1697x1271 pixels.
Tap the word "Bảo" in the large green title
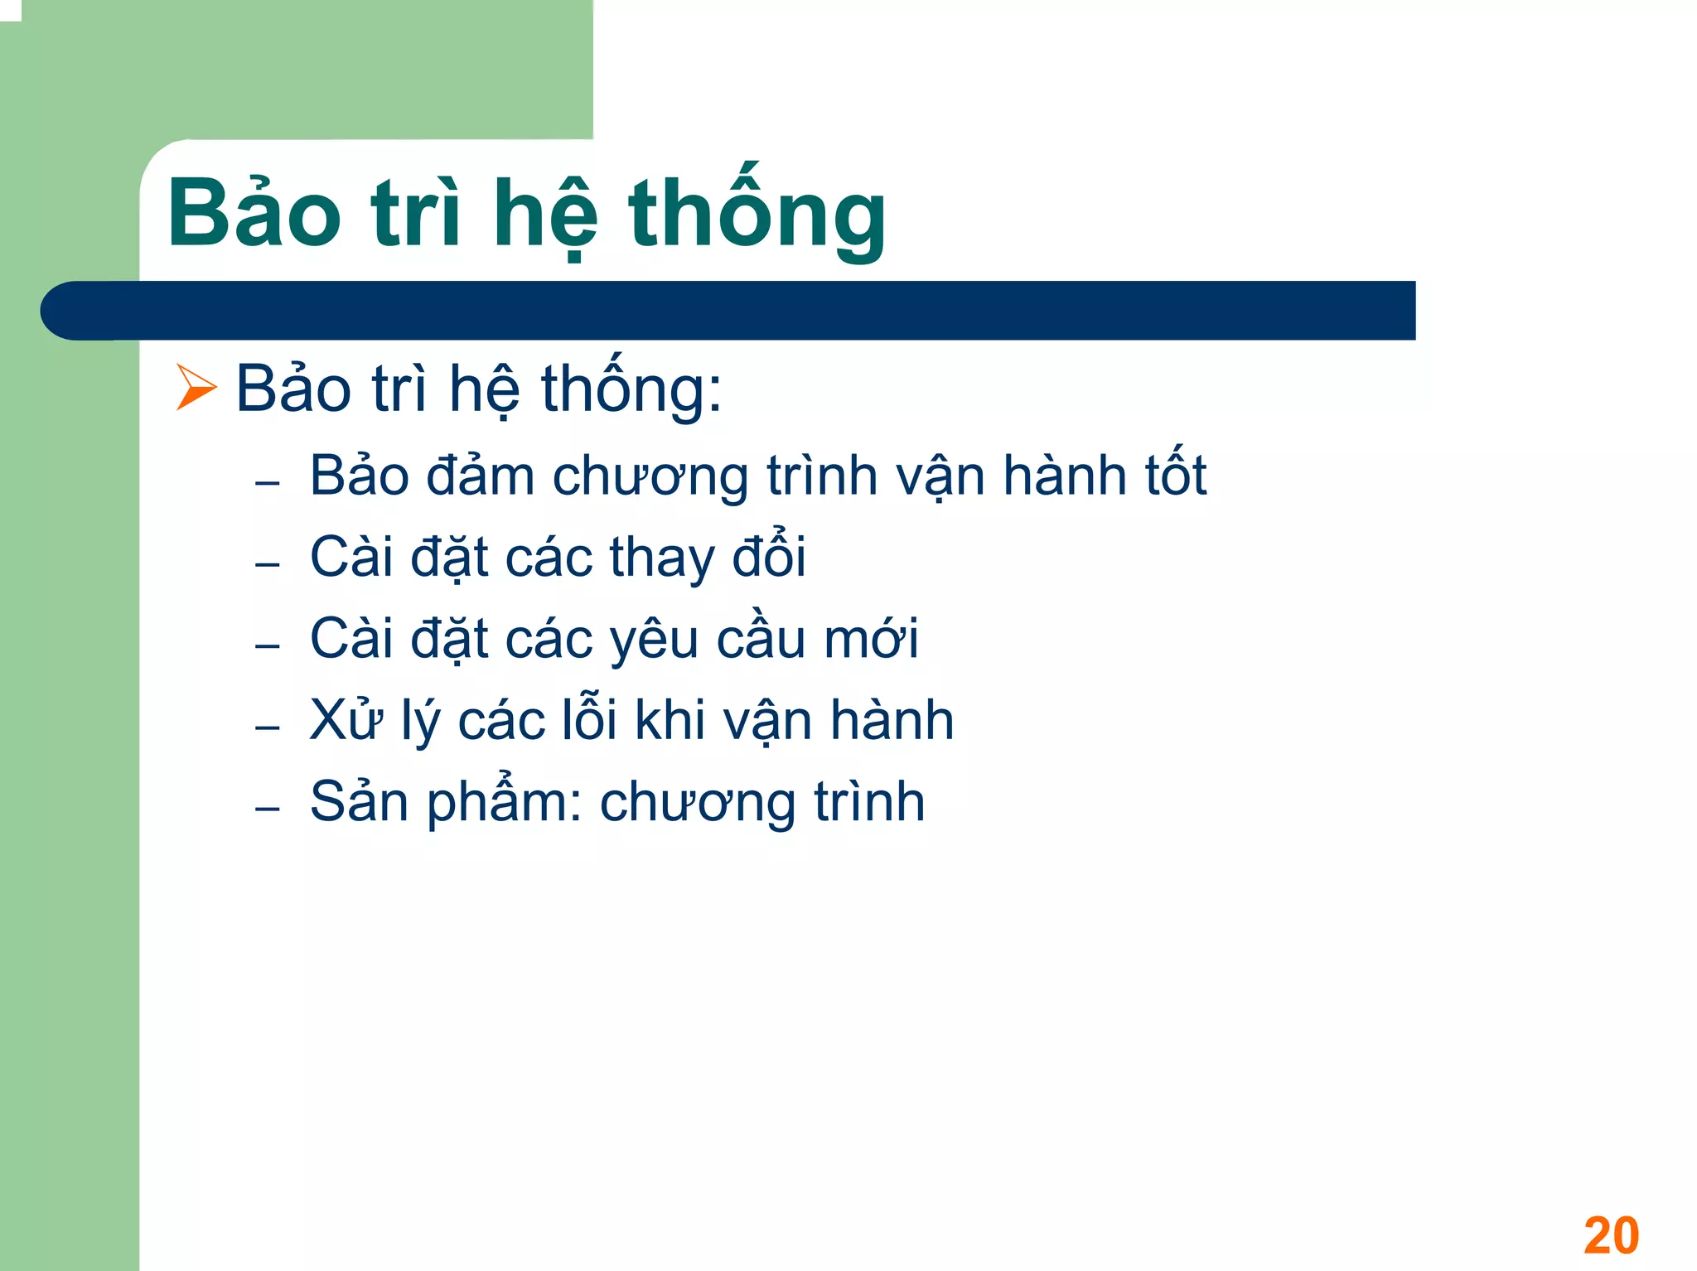[x=254, y=214]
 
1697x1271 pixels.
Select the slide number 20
[x=1611, y=1235]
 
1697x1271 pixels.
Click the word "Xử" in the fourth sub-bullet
[x=346, y=719]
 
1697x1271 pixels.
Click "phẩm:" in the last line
[x=505, y=803]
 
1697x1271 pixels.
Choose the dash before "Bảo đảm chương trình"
[x=267, y=483]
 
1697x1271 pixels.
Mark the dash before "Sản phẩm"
[x=267, y=809]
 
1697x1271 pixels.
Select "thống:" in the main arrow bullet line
[x=631, y=388]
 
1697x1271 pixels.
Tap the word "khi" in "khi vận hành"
[x=670, y=719]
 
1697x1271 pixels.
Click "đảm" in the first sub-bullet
[x=480, y=476]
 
